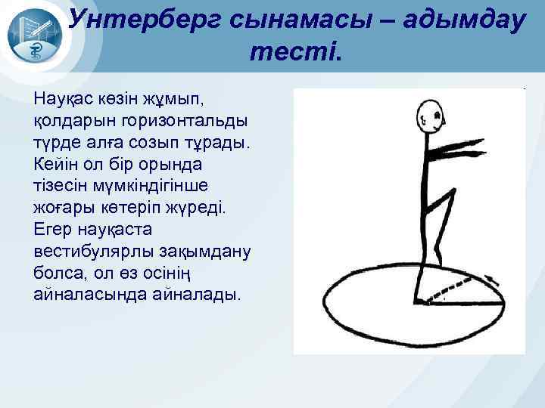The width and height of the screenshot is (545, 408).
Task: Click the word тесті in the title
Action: pyautogui.click(x=294, y=53)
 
